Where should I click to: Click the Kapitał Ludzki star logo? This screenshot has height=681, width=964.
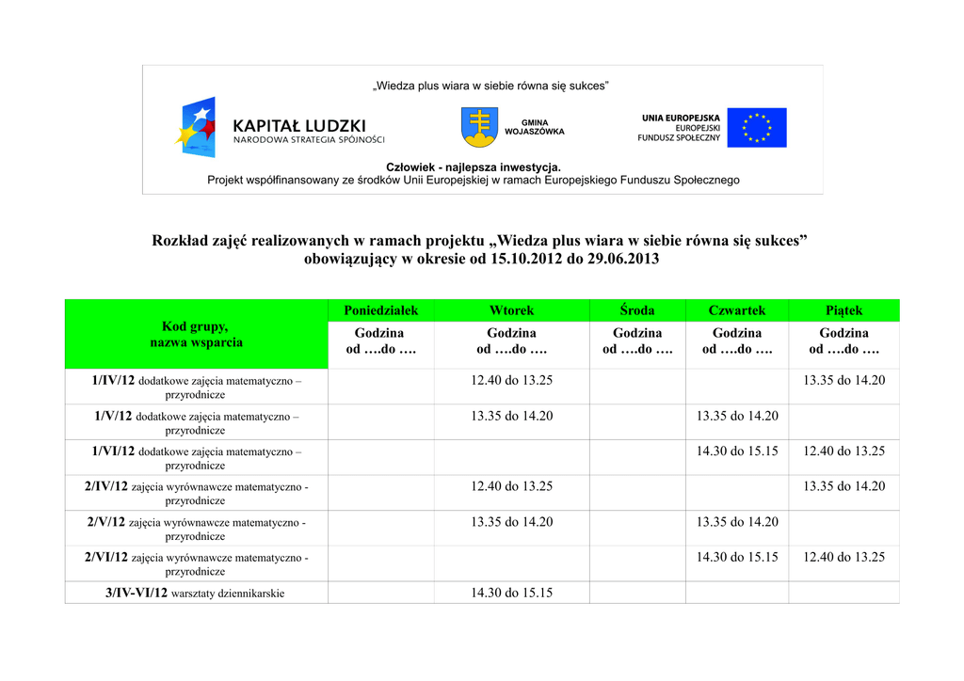coord(197,127)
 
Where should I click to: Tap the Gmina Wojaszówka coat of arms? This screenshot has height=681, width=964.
coord(480,127)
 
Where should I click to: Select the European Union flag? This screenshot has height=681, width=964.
coord(756,127)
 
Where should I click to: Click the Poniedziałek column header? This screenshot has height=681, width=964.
coord(380,310)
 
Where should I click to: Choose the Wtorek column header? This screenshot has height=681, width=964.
coord(511,310)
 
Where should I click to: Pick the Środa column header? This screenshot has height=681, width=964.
coord(637,310)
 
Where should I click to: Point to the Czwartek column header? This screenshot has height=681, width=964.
coord(736,310)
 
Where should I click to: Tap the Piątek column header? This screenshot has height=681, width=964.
coord(843,310)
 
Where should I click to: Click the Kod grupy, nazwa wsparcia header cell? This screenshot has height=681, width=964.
coord(196,334)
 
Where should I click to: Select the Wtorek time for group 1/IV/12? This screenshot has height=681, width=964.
coord(511,380)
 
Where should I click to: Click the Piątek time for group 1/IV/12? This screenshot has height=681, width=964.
coord(843,380)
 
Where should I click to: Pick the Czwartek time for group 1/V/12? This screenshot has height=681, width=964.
coord(736,416)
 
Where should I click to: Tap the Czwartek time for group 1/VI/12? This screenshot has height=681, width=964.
coord(736,451)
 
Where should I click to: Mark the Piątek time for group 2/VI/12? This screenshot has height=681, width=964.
coord(843,557)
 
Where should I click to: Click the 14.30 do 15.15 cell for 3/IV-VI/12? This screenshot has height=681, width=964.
coord(511,593)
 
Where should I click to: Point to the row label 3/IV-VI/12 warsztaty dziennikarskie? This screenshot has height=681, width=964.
coord(196,593)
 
